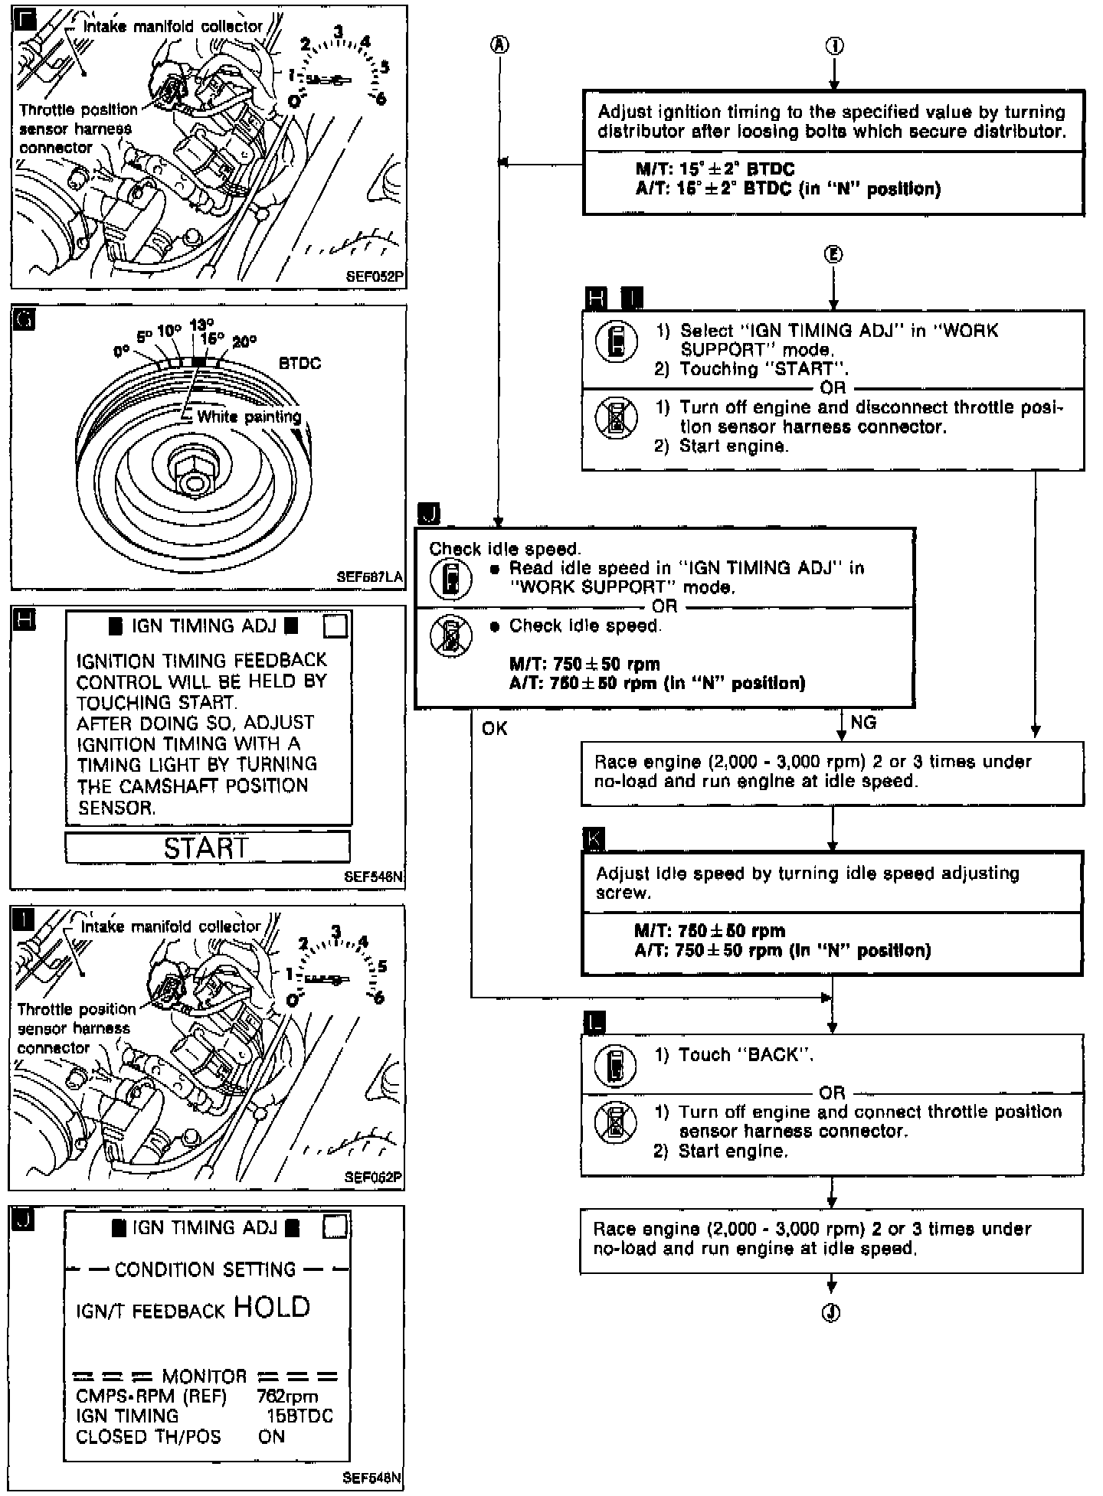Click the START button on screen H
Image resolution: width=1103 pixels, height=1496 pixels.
pyautogui.click(x=207, y=848)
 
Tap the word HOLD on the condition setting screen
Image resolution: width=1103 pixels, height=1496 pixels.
pyautogui.click(x=272, y=1307)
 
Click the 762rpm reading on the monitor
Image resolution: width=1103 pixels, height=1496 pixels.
pyautogui.click(x=287, y=1397)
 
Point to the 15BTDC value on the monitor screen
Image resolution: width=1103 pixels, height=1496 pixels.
pyautogui.click(x=299, y=1416)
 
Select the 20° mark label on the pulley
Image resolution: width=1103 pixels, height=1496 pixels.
pyautogui.click(x=244, y=342)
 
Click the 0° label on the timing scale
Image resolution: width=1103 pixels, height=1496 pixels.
pyautogui.click(x=121, y=351)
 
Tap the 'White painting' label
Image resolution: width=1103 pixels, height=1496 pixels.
pyautogui.click(x=249, y=417)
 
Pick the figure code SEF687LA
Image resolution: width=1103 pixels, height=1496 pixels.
pyautogui.click(x=370, y=578)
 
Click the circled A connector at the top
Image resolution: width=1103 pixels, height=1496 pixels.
pyautogui.click(x=499, y=45)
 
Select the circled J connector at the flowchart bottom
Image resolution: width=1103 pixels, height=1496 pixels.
pyautogui.click(x=831, y=1313)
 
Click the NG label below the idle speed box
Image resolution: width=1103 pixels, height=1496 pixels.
pyautogui.click(x=863, y=723)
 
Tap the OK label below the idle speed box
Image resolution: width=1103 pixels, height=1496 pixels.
pyautogui.click(x=495, y=728)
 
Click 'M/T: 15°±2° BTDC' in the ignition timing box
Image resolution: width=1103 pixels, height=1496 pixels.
pyautogui.click(x=715, y=170)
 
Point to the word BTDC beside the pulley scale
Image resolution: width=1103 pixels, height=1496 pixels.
pyautogui.click(x=299, y=364)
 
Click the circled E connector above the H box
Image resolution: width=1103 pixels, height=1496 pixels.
pyautogui.click(x=833, y=254)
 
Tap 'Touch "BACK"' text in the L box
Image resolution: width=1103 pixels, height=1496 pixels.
pyautogui.click(x=735, y=1055)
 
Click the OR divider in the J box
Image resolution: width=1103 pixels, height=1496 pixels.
pyautogui.click(x=664, y=606)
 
